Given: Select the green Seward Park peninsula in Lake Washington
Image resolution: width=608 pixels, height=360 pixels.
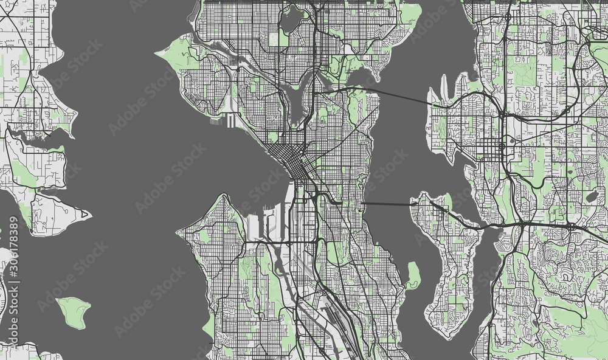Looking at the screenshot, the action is pos(413,275).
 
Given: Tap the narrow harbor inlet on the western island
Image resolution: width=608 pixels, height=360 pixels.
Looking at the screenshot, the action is pos(36,137).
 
